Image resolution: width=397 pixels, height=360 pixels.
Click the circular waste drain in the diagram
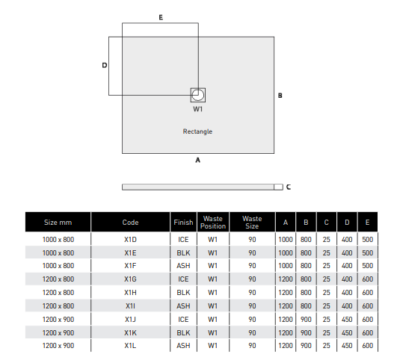pyautogui.click(x=197, y=95)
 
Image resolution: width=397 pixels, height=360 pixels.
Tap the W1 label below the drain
pyautogui.click(x=197, y=109)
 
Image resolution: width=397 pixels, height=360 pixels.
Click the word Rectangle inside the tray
pyautogui.click(x=197, y=131)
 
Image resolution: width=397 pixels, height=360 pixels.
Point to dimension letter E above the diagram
pyautogui.click(x=161, y=17)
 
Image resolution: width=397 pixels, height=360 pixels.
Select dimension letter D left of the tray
pyautogui.click(x=105, y=65)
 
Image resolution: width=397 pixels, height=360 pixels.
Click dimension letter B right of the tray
pyautogui.click(x=280, y=96)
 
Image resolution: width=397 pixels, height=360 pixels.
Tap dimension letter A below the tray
pyautogui.click(x=197, y=160)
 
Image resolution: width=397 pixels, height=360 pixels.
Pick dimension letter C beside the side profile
pyautogui.click(x=289, y=187)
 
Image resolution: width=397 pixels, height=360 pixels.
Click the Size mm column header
pyautogui.click(x=58, y=223)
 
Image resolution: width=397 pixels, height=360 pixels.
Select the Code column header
pyautogui.click(x=130, y=223)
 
